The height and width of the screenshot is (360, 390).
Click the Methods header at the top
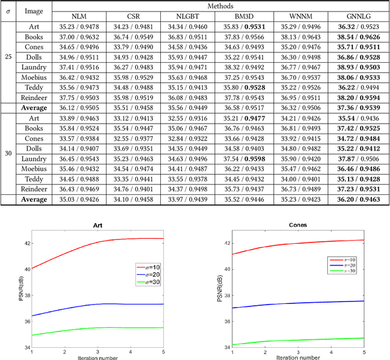[x=220, y=5]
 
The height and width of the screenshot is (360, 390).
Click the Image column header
[x=34, y=10]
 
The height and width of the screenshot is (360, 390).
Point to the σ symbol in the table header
[x=8, y=10]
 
